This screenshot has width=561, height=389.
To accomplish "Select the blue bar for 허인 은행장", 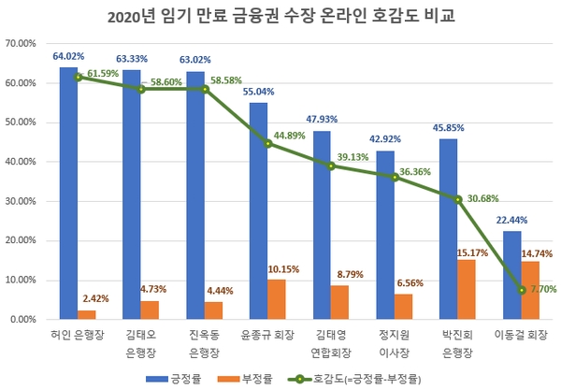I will click(x=68, y=193).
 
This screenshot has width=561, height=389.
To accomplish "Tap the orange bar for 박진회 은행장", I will click(x=467, y=289).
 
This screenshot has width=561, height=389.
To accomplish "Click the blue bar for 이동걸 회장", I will click(x=511, y=275).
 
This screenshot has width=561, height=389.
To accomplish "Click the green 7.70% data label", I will click(x=540, y=290).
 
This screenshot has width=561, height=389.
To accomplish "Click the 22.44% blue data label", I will click(x=512, y=220).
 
